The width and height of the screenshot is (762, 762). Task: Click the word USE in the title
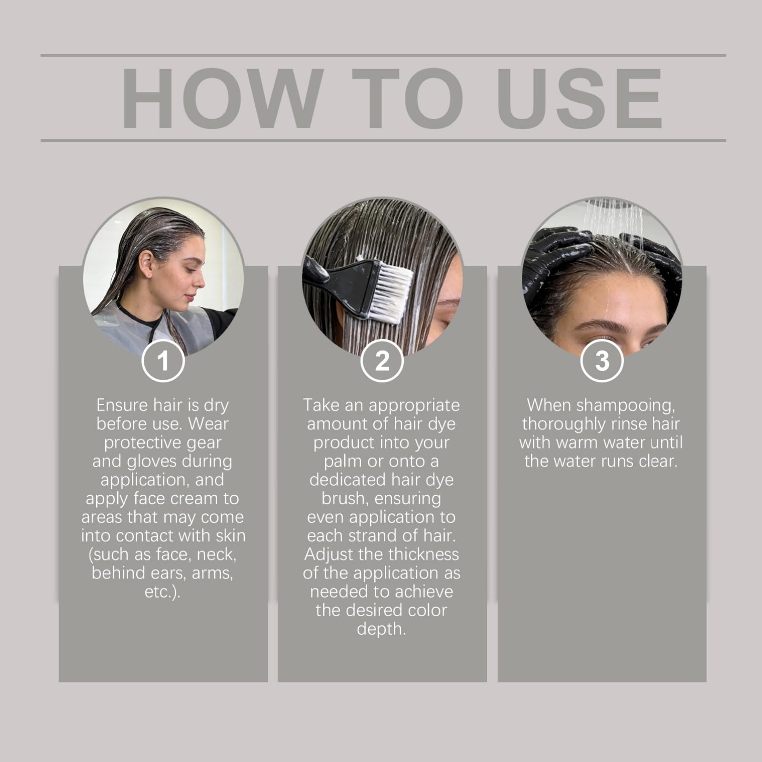pos(580,98)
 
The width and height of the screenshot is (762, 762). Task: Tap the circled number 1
pos(163,361)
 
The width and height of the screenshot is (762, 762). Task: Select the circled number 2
pos(382,361)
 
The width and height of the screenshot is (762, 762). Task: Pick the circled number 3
pos(602,361)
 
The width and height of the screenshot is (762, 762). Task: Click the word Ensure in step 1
pos(122,405)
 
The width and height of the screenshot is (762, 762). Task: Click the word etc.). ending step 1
pos(162,592)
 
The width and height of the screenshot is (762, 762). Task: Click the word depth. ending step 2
pos(381,629)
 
